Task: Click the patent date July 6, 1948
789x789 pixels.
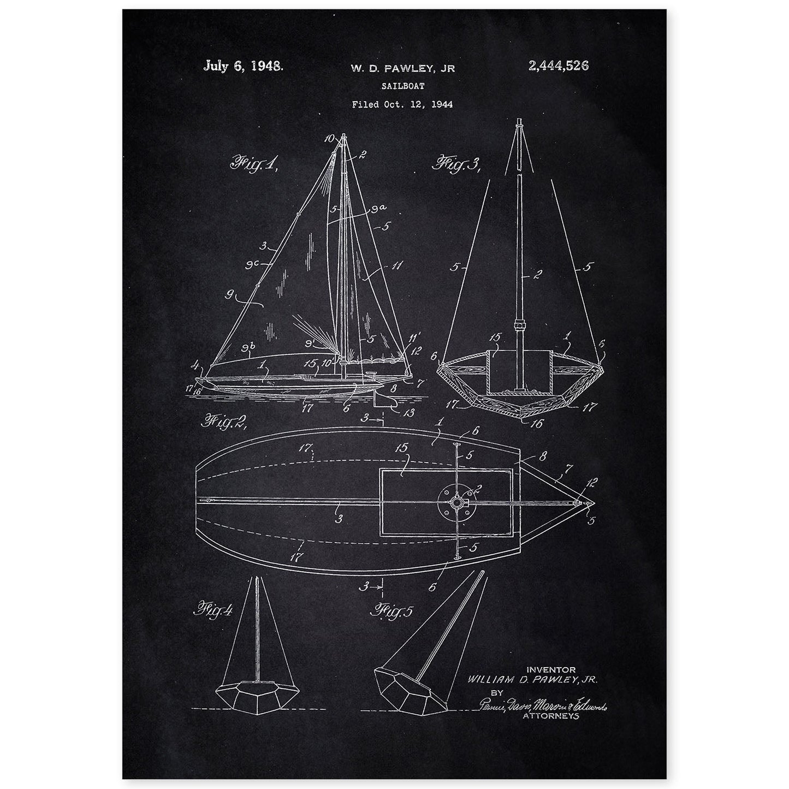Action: [242, 66]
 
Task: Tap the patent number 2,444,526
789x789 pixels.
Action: [558, 66]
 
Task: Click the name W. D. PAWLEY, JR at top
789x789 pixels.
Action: [402, 68]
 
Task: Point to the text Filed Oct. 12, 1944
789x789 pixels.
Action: [402, 104]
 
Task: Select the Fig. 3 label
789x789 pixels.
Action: [456, 162]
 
